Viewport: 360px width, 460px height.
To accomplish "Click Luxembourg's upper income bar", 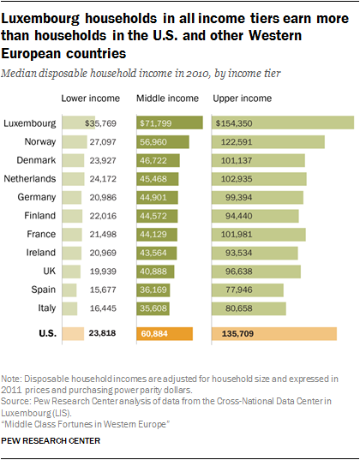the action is tap(283, 122).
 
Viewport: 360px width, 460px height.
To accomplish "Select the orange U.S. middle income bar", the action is tap(165, 334).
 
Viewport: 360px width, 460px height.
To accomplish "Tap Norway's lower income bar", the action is tap(75, 141).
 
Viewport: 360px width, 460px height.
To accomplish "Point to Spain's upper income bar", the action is tap(248, 290).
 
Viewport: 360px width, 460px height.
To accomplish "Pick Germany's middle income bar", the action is tap(157, 197).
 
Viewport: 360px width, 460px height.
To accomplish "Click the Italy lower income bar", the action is tap(70, 308).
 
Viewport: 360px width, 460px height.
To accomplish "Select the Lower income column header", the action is tap(91, 99).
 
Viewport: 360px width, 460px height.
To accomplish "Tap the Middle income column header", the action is tap(167, 99).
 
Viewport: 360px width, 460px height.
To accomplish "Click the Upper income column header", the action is tap(243, 99).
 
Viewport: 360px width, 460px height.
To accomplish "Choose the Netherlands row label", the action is tap(30, 179).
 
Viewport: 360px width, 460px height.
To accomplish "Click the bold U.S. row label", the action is tap(47, 333).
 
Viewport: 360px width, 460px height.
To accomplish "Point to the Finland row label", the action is tap(40, 216).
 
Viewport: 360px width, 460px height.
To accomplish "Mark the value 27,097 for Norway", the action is tap(103, 142).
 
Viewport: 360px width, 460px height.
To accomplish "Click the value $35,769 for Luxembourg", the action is tap(100, 123).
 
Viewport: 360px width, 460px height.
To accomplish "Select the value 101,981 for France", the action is tap(237, 235).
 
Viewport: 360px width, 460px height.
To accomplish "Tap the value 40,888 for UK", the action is tap(153, 272).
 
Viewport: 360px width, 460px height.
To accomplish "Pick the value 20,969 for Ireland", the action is tap(103, 253).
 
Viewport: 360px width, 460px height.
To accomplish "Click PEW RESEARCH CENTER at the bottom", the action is tap(51, 441).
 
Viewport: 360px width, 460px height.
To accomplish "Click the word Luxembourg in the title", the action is tap(40, 20).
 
